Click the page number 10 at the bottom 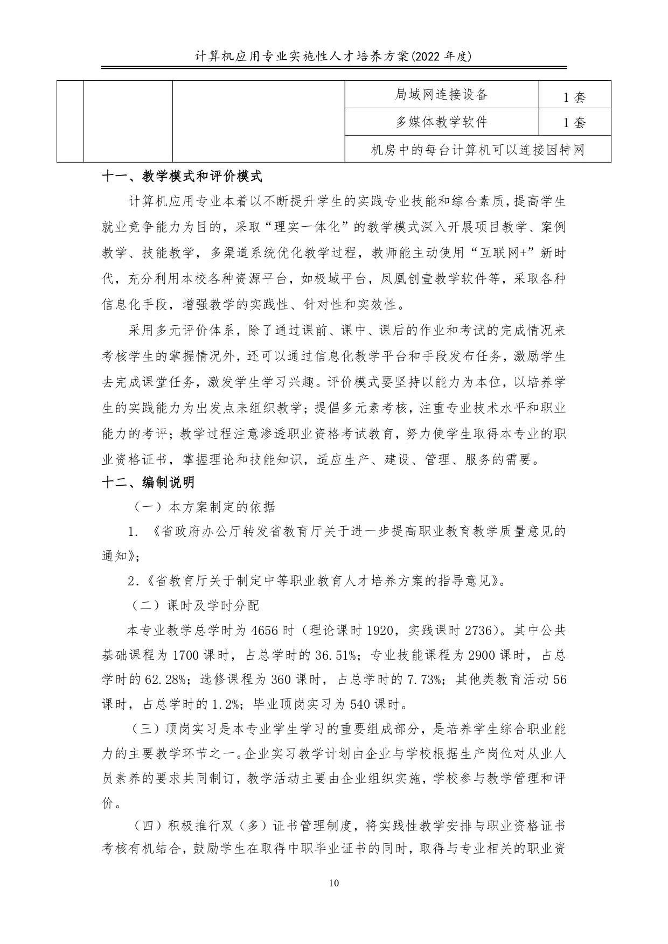click(333, 883)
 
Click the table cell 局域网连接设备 click(441, 95)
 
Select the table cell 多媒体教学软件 click(441, 122)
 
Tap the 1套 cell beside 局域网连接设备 click(574, 97)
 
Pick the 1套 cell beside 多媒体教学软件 click(574, 123)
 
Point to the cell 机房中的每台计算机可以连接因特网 click(478, 150)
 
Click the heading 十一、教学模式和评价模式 click(182, 176)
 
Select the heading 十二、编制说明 click(148, 482)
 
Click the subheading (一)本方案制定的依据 click(204, 507)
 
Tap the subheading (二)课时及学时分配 click(197, 605)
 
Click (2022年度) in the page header click(441, 55)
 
